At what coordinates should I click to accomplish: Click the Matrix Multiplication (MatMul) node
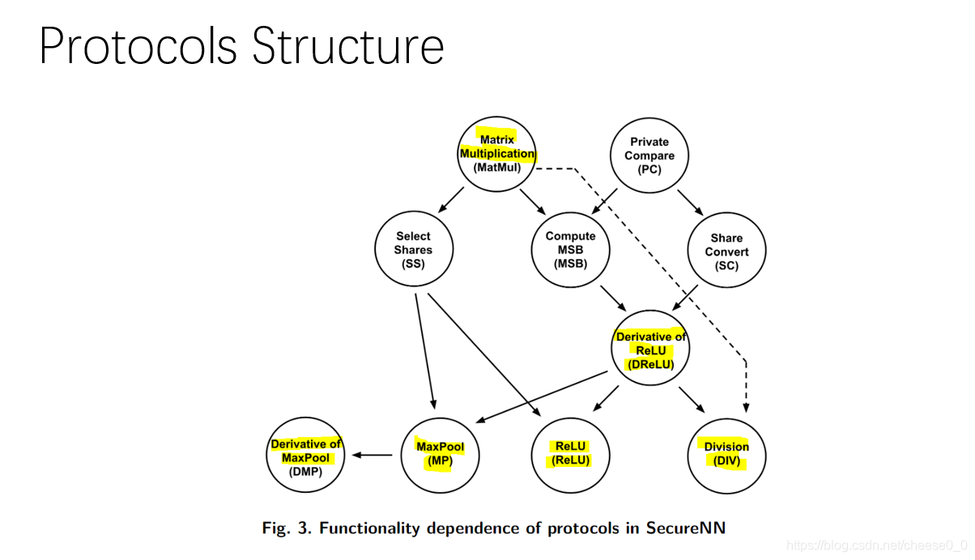click(497, 154)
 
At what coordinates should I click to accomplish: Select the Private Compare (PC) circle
click(649, 155)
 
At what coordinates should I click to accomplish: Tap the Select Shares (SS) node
click(413, 249)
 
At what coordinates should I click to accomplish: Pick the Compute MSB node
click(570, 249)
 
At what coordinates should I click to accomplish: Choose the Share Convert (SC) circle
click(726, 251)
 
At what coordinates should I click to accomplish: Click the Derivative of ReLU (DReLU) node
click(649, 350)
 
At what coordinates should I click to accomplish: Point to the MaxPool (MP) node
click(440, 455)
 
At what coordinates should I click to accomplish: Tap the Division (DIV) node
click(726, 455)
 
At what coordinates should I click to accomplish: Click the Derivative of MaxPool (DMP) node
click(305, 456)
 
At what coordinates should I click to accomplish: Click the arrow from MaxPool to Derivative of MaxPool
click(373, 455)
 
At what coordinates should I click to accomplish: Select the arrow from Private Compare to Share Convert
click(690, 203)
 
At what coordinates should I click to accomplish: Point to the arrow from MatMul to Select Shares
click(450, 201)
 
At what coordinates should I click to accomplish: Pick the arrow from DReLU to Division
click(692, 399)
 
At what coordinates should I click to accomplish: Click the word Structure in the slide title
click(348, 46)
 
